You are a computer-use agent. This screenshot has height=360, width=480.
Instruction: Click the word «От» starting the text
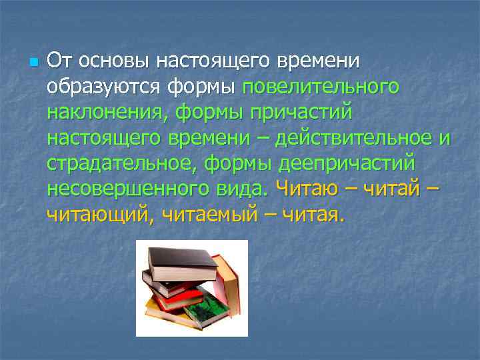coord(61,62)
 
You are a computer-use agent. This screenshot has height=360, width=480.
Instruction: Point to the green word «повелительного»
coord(321,87)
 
